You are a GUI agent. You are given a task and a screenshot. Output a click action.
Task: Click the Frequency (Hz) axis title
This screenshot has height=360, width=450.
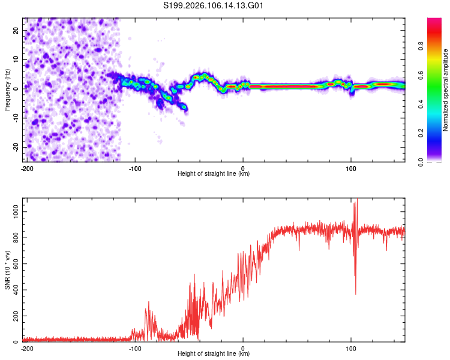tap(7, 89)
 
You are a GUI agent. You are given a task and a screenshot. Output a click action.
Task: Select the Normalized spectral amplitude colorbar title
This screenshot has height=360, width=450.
tap(445, 90)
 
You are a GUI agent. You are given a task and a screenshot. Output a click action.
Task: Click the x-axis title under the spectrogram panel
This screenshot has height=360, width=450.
tap(214, 174)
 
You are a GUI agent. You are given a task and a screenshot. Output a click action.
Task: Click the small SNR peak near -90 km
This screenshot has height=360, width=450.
tap(148, 303)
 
